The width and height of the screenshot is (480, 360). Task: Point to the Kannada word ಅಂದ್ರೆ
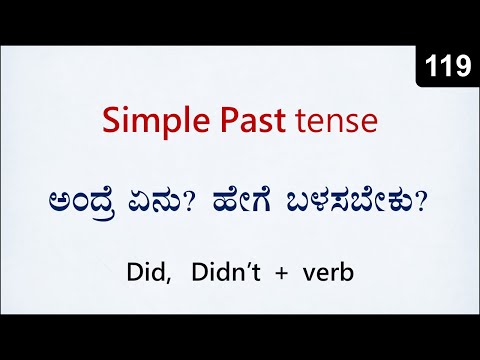115,200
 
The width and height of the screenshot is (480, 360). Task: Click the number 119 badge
448,67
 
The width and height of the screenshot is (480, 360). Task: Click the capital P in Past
240,123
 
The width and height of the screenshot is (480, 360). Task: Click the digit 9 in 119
462,67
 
